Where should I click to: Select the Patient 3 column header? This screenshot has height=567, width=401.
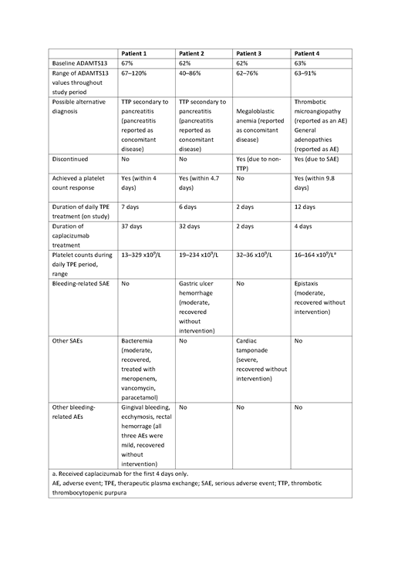251,53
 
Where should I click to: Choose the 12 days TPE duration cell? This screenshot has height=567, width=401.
305,206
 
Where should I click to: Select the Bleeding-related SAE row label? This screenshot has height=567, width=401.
81,283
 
